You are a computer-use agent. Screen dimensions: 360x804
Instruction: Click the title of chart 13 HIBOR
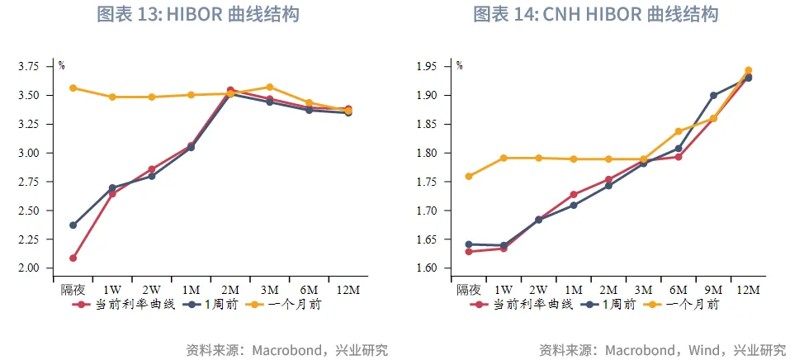coord(197,15)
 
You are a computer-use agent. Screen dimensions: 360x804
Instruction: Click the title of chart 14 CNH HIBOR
coord(595,15)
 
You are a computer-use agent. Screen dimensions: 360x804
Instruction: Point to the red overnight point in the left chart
coord(73,258)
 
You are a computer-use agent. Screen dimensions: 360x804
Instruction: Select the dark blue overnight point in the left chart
coord(73,225)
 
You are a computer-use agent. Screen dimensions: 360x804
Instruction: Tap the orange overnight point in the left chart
coord(73,88)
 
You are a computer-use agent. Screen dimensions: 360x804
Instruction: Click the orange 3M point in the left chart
coord(270,87)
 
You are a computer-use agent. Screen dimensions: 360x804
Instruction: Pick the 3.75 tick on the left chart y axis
coord(39,67)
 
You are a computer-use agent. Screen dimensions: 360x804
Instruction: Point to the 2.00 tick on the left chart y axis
coord(39,268)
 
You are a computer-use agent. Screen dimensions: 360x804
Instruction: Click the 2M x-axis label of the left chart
coord(230,290)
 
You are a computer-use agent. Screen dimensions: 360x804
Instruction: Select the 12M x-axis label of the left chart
coord(348,290)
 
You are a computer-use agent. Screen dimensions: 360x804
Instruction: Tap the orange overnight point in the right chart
coord(469,176)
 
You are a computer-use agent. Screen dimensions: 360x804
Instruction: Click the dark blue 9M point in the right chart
coord(713,95)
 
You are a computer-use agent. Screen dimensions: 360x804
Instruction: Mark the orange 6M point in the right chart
coord(679,131)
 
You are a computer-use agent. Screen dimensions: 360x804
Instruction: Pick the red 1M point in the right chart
coord(574,195)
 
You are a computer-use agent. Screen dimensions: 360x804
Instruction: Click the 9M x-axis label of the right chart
coord(713,290)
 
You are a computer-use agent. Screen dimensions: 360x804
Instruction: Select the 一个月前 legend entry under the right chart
coord(683,304)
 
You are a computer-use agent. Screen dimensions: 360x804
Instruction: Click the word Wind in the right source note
coord(705,349)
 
